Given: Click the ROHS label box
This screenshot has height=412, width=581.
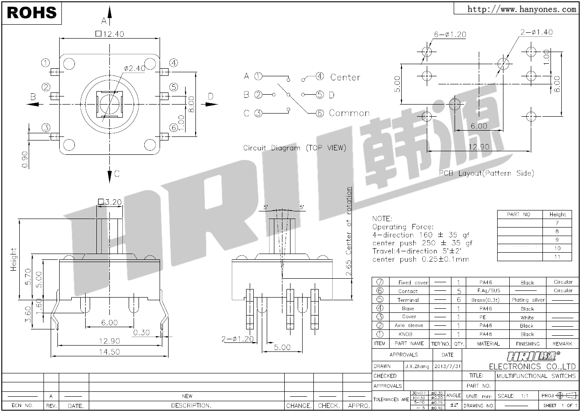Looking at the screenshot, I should click(32, 13).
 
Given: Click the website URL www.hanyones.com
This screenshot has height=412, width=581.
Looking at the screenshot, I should click(522, 9).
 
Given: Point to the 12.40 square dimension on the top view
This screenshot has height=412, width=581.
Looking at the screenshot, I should click(109, 34).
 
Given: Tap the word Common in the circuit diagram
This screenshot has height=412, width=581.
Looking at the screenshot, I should click(349, 113).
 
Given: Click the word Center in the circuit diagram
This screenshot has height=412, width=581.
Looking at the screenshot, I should click(345, 77).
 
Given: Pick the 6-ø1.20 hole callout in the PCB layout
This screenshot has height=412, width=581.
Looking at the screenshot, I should click(450, 35).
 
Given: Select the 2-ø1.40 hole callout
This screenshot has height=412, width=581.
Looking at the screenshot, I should click(536, 32).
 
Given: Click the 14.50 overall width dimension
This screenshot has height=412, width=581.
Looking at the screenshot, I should click(109, 352).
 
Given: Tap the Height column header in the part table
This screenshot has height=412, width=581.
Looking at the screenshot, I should click(557, 215).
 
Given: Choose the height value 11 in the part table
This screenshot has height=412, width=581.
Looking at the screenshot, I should click(557, 257).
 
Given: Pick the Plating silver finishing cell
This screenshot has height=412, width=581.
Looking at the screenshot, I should click(528, 300).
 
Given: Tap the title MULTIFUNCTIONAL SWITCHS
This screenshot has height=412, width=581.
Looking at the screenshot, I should click(536, 376).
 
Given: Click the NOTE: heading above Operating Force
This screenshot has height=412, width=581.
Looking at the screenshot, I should click(382, 219).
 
